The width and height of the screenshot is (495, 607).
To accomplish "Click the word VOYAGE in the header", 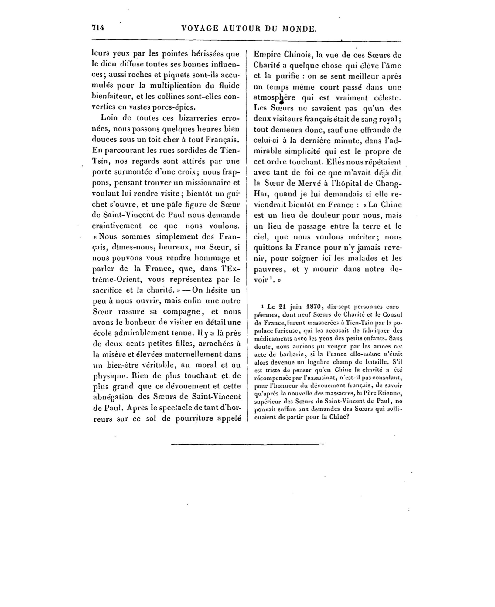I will click(199, 29).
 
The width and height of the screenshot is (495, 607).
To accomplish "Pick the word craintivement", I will click(116, 226).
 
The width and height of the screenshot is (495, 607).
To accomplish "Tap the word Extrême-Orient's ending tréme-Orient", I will click(118, 279).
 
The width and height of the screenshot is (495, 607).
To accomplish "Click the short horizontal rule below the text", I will click(248, 444).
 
